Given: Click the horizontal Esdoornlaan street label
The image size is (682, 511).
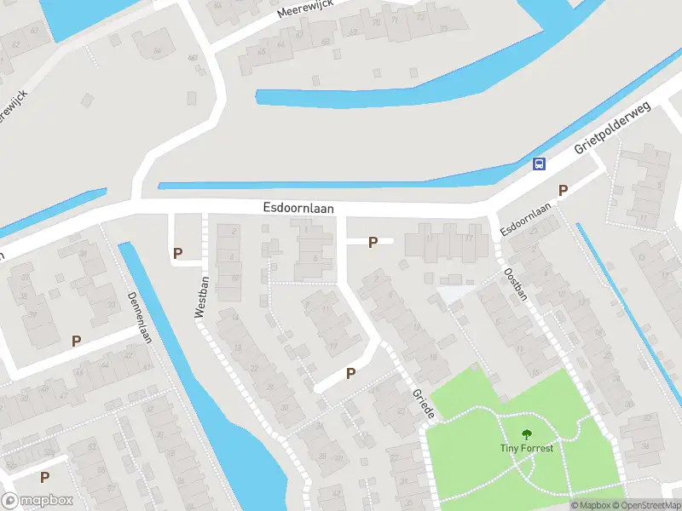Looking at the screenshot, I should coord(298,208).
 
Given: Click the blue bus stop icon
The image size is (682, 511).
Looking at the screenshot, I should coord(539,164).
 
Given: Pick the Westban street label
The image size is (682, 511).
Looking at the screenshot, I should coord(202,297).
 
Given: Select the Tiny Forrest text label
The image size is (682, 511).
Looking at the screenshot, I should coord(526,448).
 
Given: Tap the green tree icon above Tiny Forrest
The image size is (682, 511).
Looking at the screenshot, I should coord(526,433).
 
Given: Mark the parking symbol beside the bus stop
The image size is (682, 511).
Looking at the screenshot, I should coord(563,190).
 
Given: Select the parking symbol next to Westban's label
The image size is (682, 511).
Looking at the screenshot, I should coord(178,253).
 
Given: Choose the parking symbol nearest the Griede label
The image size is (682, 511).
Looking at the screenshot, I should coord(350,373).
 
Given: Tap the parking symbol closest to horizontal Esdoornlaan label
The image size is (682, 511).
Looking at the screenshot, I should coord(373,243).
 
